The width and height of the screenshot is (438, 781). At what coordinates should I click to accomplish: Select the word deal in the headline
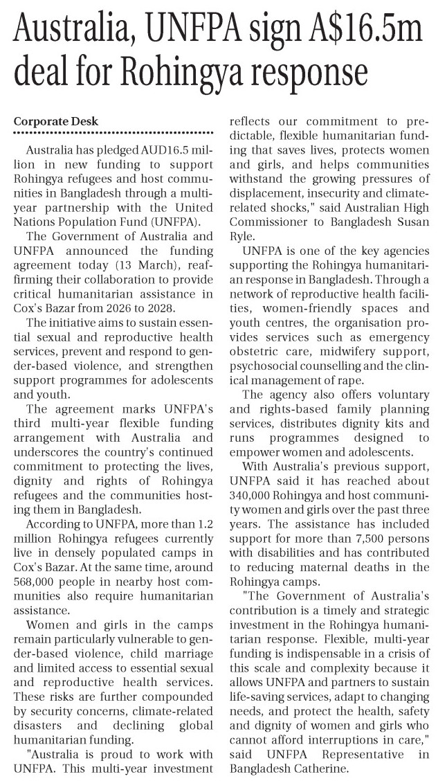pyautogui.click(x=48, y=71)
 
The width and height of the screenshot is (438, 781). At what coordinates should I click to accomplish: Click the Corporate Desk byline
pyautogui.click(x=57, y=121)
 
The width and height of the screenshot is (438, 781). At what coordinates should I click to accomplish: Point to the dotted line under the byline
pyautogui.click(x=113, y=132)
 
